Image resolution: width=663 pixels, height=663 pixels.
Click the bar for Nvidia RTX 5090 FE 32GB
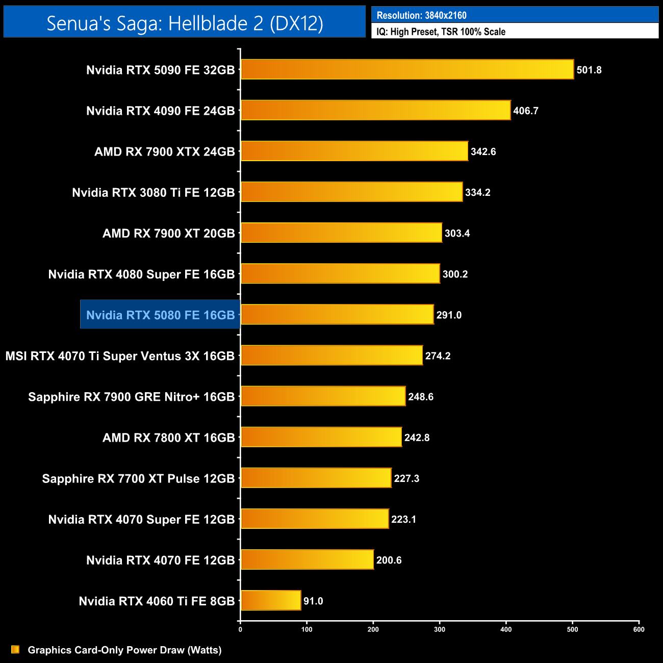(407, 69)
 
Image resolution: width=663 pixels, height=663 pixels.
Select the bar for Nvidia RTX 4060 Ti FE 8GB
(271, 600)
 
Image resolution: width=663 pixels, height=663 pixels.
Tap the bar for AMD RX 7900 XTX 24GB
(354, 151)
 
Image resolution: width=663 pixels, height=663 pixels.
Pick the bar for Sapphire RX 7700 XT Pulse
(316, 478)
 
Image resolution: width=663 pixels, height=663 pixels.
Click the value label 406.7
(526, 111)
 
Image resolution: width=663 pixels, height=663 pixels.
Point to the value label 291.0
(449, 315)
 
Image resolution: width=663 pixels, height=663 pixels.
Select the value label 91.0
(313, 601)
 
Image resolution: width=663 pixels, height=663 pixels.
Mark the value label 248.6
(421, 396)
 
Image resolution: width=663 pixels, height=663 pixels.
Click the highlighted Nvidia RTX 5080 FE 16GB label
(160, 315)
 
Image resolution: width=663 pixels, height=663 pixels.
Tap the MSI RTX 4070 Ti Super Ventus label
(120, 355)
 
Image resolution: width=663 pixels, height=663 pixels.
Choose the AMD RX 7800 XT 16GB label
(168, 437)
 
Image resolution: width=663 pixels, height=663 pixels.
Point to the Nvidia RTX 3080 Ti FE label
(153, 192)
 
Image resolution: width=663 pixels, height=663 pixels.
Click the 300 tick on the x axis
(440, 629)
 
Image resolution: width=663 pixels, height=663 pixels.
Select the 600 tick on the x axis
(639, 629)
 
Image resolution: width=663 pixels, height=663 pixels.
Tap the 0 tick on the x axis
(240, 629)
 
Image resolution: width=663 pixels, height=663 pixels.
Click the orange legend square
(15, 649)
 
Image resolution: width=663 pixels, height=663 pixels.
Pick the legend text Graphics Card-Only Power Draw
(124, 650)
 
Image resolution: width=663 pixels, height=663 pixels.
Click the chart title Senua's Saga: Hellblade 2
(185, 23)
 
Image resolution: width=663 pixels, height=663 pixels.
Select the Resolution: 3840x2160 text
(421, 15)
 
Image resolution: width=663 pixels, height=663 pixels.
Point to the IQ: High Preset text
(441, 32)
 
